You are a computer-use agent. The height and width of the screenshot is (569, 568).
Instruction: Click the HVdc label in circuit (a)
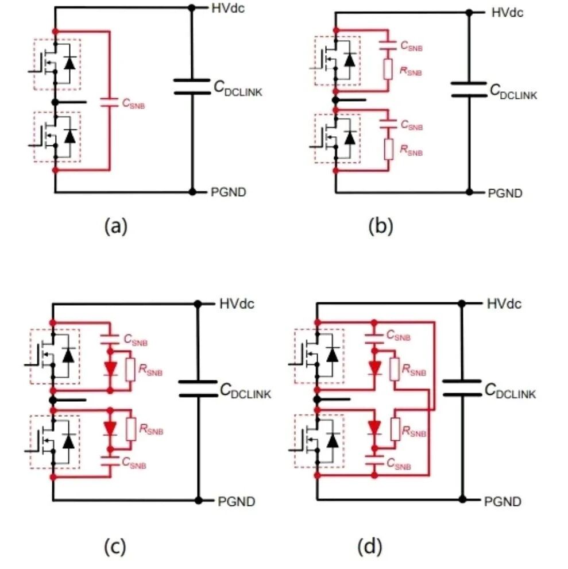pos(228,8)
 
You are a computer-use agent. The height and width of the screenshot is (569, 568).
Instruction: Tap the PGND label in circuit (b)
pos(505,193)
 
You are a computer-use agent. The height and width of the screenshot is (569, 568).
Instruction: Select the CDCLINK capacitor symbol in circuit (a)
pos(192,86)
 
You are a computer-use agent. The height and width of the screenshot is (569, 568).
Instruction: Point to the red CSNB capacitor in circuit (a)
pos(109,102)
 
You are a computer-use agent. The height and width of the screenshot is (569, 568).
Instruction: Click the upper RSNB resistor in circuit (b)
pos(388,69)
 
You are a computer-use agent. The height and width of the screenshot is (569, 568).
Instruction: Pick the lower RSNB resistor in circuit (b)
pos(388,149)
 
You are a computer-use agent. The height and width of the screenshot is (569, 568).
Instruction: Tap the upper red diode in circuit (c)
pos(110,369)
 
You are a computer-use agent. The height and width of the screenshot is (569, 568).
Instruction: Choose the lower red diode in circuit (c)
pos(110,428)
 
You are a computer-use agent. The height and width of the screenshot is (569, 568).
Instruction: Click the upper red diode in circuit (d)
pos(374,368)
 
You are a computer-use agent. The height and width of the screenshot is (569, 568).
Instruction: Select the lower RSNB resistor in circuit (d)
pos(395,429)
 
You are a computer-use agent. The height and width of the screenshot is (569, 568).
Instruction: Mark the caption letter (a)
pos(116,226)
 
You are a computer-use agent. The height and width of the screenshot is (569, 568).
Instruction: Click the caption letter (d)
pos(370,547)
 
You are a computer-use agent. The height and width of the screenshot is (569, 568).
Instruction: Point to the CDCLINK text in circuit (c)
pos(246,391)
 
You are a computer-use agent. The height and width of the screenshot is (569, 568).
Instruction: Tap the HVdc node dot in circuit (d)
pos(462,303)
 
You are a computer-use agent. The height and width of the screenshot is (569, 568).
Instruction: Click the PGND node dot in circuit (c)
pos(198,500)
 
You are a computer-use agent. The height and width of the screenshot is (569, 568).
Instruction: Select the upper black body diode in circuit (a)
pos(69,63)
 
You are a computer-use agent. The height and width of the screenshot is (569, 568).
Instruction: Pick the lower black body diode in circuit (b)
pos(350,137)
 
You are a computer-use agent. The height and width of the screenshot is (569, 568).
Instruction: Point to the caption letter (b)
pos(380,226)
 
